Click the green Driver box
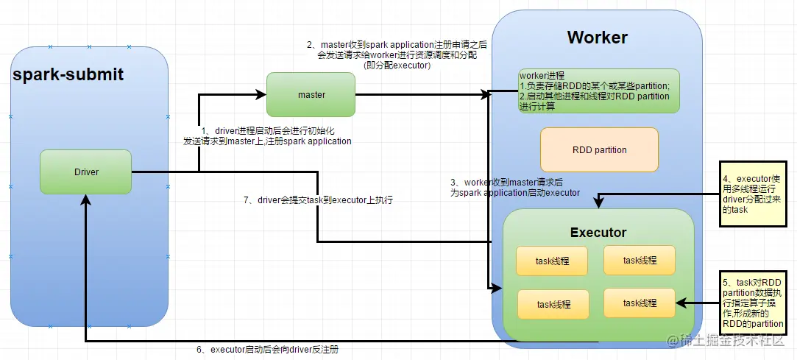(86, 172)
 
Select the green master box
(311, 94)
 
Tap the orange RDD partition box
(599, 149)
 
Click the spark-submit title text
(68, 74)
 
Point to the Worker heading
(598, 37)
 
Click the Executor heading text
(598, 233)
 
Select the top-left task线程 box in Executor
(552, 261)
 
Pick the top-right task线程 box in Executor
(640, 261)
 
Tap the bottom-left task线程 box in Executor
(553, 305)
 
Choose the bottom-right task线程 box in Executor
(640, 303)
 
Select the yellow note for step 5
(753, 303)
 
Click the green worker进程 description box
(599, 91)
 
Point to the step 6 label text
(268, 349)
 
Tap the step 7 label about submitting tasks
(319, 200)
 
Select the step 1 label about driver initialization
(268, 135)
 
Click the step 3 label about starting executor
(515, 187)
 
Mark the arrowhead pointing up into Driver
(86, 200)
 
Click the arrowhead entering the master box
(261, 94)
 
